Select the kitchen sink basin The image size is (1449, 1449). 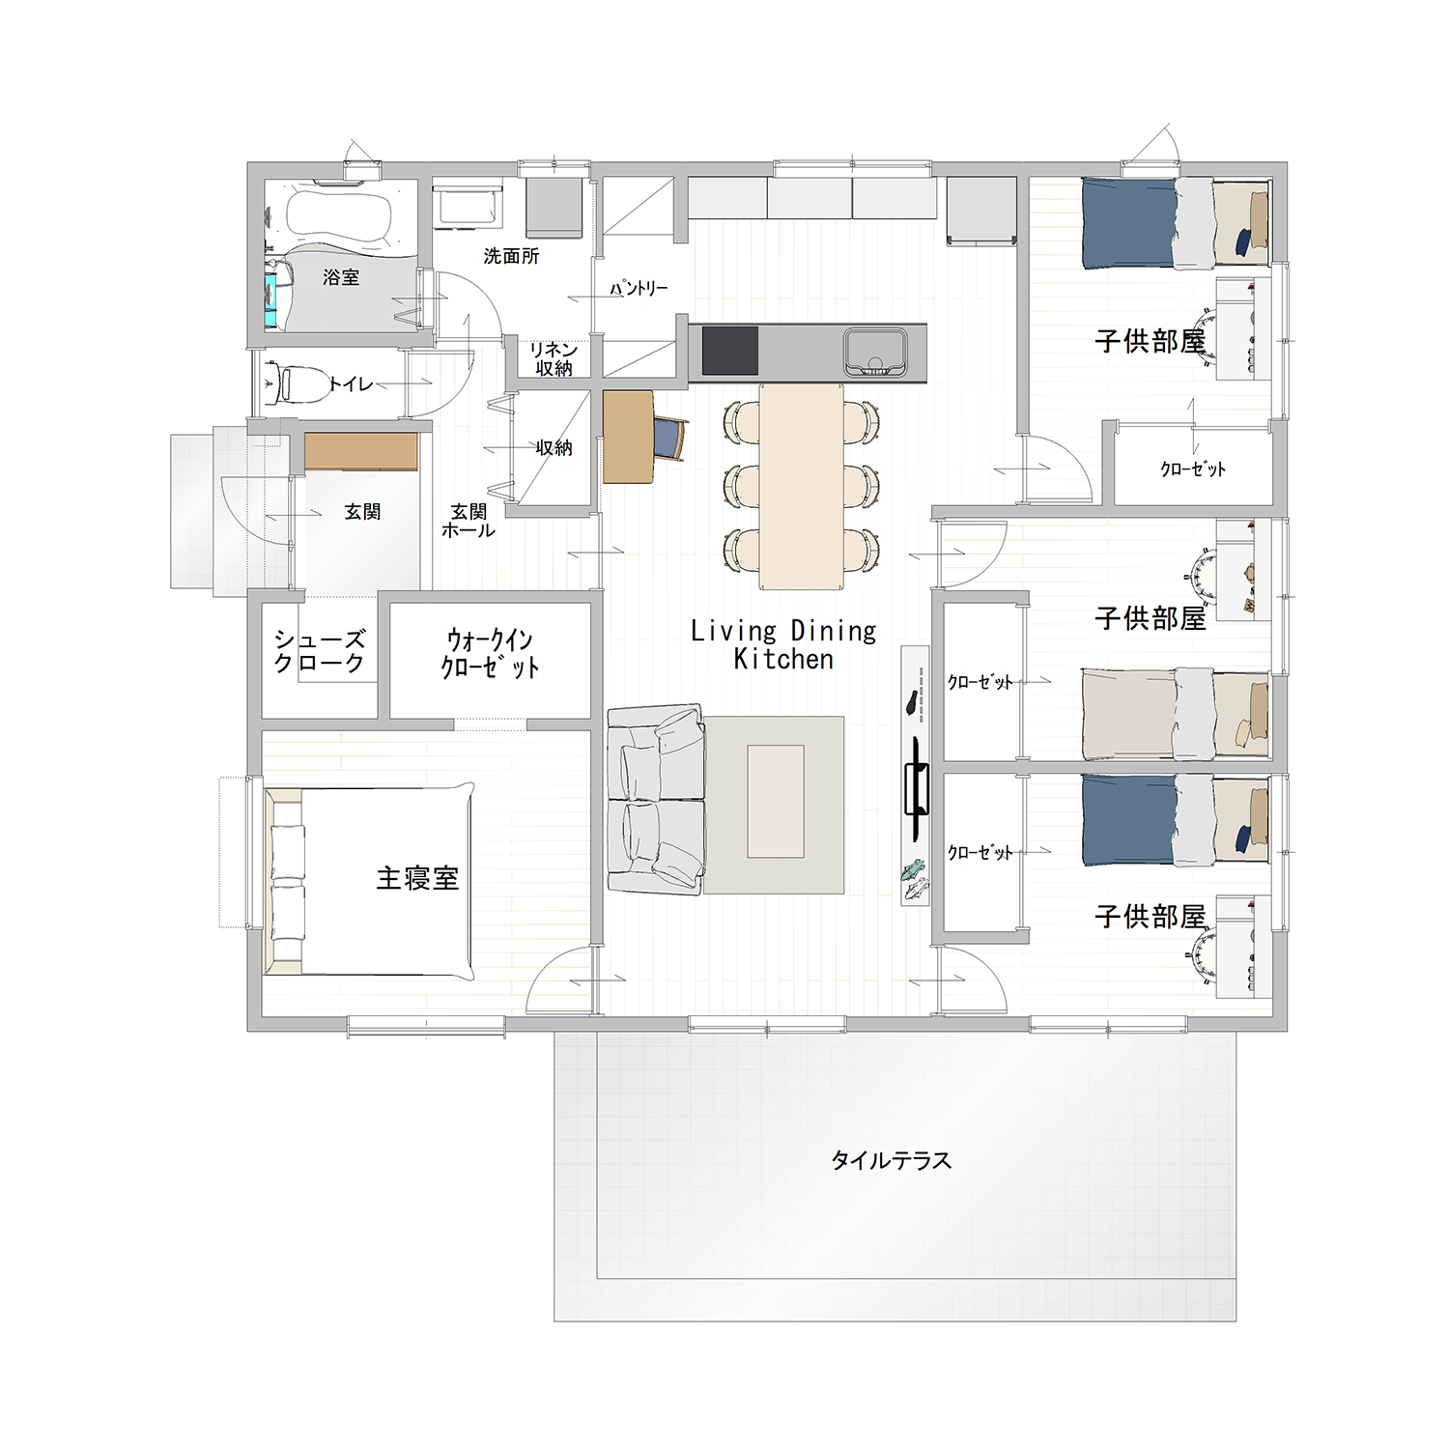(875, 352)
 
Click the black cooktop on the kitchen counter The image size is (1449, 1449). (729, 351)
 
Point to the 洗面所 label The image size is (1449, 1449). (511, 256)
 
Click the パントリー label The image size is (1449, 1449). (639, 288)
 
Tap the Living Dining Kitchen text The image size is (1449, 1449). (783, 645)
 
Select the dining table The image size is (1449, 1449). (801, 487)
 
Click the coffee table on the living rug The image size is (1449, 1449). (776, 801)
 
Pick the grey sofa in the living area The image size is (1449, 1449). (656, 799)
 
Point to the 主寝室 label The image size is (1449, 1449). (417, 878)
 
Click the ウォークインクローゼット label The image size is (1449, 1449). (490, 653)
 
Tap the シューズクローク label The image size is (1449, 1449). (319, 651)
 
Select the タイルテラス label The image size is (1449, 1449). (891, 1160)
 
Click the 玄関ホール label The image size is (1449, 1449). (469, 521)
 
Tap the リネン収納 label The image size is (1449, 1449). (554, 358)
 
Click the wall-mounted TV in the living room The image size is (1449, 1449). (915, 788)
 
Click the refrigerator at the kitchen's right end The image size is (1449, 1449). (981, 211)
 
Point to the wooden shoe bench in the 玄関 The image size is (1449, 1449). (361, 451)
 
